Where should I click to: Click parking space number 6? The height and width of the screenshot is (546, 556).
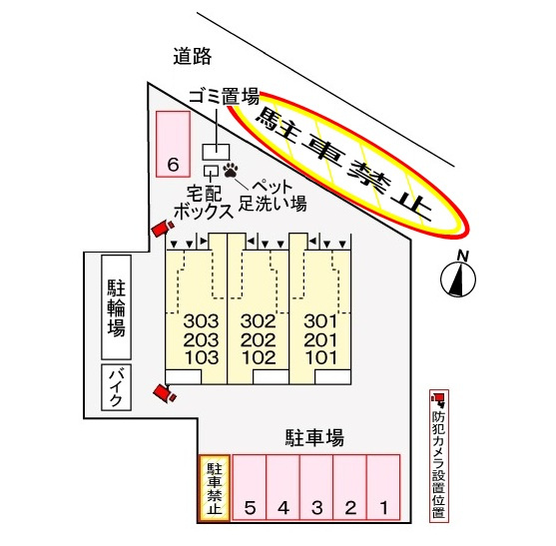pyautogui.click(x=173, y=144)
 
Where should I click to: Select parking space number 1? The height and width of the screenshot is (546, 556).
pyautogui.click(x=383, y=487)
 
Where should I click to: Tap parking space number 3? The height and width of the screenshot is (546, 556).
pyautogui.click(x=316, y=487)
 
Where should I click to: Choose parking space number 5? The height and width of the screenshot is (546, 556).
pyautogui.click(x=250, y=487)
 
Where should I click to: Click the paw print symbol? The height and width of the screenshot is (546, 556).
pyautogui.click(x=231, y=171)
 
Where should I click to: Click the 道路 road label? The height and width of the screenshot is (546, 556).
pyautogui.click(x=193, y=56)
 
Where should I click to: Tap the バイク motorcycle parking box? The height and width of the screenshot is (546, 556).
pyautogui.click(x=117, y=387)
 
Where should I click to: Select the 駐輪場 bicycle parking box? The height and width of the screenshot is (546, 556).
pyautogui.click(x=117, y=307)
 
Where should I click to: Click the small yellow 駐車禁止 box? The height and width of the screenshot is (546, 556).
pyautogui.click(x=215, y=488)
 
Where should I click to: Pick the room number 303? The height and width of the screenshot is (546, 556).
pyautogui.click(x=201, y=321)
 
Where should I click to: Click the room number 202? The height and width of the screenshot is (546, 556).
pyautogui.click(x=259, y=340)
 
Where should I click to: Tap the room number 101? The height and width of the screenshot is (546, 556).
pyautogui.click(x=320, y=357)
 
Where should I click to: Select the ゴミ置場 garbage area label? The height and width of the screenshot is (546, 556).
pyautogui.click(x=225, y=96)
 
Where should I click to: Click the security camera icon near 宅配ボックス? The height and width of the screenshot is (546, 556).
pyautogui.click(x=163, y=228)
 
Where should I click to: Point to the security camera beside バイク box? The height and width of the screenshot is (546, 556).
pyautogui.click(x=164, y=393)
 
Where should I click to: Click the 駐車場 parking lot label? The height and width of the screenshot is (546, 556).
pyautogui.click(x=314, y=437)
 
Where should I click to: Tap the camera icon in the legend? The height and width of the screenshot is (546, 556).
pyautogui.click(x=438, y=399)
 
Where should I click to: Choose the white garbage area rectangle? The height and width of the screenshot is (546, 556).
pyautogui.click(x=216, y=152)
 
